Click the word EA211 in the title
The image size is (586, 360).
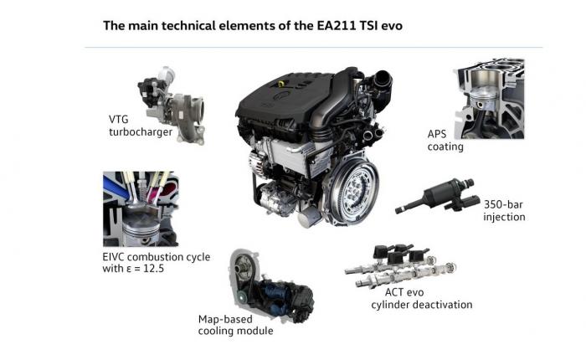pyautogui.click(x=339, y=26)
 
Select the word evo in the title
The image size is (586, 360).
pyautogui.click(x=392, y=26)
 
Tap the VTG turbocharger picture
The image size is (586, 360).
pyautogui.click(x=172, y=105)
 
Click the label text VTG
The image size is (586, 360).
pyautogui.click(x=119, y=120)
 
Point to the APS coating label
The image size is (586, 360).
pyautogui.click(x=445, y=140)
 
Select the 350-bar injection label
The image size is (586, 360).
pyautogui.click(x=504, y=210)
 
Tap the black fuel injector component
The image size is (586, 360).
pyautogui.click(x=437, y=196)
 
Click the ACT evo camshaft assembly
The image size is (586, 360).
pyautogui.click(x=401, y=265)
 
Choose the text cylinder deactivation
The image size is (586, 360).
pyautogui.click(x=422, y=305)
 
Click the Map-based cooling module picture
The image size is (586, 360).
pyautogui.click(x=271, y=286)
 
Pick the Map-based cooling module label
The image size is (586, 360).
pyautogui.click(x=235, y=325)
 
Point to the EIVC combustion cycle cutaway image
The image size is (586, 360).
pyautogui.click(x=141, y=208)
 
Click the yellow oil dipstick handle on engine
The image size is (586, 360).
pyautogui.click(x=281, y=83)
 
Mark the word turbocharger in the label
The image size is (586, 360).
pyautogui.click(x=141, y=132)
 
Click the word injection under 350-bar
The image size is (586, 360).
pyautogui.click(x=504, y=217)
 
